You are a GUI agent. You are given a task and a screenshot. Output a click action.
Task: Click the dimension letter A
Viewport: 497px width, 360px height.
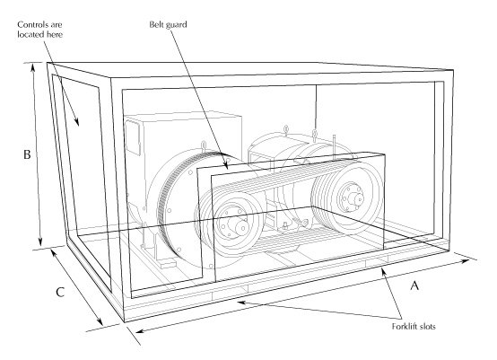tap(414, 285)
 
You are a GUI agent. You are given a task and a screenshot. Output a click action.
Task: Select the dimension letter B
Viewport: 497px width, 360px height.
tap(27, 154)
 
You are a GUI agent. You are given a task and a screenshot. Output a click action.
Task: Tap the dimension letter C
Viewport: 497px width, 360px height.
tap(60, 292)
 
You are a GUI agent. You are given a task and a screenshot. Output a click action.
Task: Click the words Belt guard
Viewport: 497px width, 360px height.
tap(168, 24)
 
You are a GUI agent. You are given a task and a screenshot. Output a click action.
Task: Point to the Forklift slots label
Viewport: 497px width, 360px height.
tap(414, 327)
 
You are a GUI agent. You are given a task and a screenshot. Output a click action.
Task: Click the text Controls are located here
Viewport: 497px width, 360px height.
tap(39, 30)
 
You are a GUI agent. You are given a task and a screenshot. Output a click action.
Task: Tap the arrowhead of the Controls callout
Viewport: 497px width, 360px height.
tap(76, 122)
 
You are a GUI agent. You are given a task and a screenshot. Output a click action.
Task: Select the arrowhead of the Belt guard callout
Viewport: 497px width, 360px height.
tap(225, 165)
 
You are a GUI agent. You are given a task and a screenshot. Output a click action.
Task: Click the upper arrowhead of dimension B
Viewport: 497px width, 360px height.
tap(33, 67)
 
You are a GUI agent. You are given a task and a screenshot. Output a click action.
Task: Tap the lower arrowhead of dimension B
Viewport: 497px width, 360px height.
tap(40, 242)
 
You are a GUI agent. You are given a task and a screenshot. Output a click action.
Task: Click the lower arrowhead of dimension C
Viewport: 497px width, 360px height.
tap(100, 321)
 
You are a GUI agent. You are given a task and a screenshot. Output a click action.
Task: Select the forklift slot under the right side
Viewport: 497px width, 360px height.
tap(377, 262)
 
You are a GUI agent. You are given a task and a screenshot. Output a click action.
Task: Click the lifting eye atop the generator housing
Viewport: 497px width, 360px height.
tap(204, 146)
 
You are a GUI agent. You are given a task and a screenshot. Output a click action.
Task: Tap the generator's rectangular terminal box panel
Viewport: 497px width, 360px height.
tap(133, 137)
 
